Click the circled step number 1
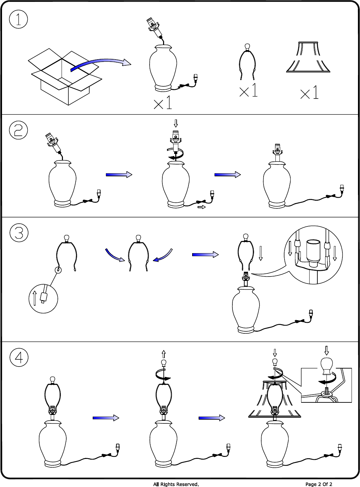(x=18, y=19)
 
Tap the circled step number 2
(x=18, y=130)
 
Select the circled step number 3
(x=19, y=233)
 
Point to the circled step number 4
(x=19, y=357)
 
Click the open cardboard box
(x=65, y=76)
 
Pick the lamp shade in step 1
(x=308, y=57)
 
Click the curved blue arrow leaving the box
(x=101, y=64)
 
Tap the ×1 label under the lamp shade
(x=309, y=92)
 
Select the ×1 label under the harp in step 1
(x=248, y=90)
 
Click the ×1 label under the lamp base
(x=163, y=102)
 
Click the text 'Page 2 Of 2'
(x=319, y=484)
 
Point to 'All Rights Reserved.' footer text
(x=176, y=484)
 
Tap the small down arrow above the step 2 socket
(x=176, y=124)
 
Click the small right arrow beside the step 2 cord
(x=202, y=207)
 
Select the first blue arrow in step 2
(x=119, y=175)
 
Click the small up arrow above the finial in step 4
(x=163, y=354)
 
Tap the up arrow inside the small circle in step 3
(x=35, y=298)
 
